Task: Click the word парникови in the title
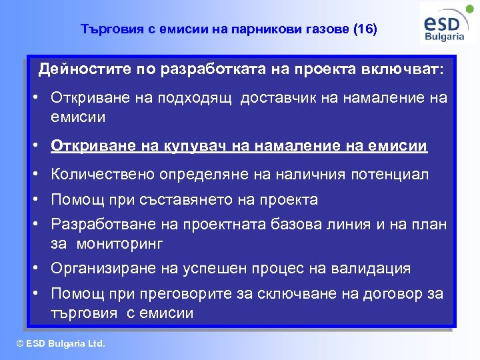click(x=265, y=29)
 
